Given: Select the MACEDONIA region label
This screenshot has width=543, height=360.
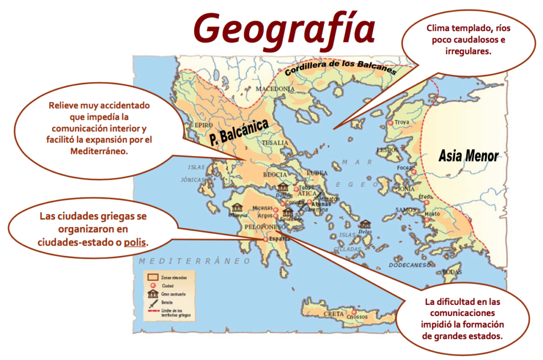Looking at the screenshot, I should tap(275, 89).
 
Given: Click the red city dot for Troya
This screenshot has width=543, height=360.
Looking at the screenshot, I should tap(391, 123).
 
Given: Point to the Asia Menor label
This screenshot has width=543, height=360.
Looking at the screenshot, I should tap(468, 156).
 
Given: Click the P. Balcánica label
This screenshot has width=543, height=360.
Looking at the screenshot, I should tap(238, 130).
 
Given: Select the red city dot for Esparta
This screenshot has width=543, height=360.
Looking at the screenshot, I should tap(266, 239).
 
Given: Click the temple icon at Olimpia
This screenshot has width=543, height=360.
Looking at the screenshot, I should tap(237, 207).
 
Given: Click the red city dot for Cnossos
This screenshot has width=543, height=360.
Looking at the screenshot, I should tap(354, 312).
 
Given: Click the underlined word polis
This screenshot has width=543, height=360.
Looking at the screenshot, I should tap(135, 242).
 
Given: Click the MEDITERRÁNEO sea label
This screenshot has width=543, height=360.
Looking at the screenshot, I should tap(194, 261).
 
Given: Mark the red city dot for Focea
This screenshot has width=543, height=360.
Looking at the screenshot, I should tap(414, 172).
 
